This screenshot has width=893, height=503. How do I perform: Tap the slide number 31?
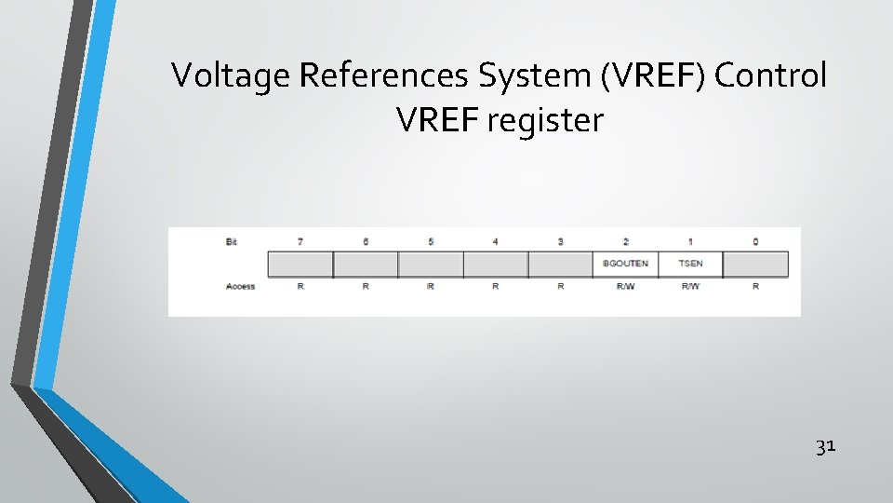pos(825,447)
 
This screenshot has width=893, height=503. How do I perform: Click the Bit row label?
pos(232,242)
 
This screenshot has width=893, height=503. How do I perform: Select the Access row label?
pos(240,286)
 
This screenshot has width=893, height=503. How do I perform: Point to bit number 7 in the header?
pos(300,242)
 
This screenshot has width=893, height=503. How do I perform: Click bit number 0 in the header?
pos(755,242)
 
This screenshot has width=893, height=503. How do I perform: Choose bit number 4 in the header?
pos(495,242)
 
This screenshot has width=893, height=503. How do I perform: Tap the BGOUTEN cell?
pos(625,264)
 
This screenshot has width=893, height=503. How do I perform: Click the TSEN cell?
pos(690,264)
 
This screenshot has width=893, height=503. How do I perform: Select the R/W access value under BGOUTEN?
pos(625,286)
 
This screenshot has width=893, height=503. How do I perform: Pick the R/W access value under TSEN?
pos(690,286)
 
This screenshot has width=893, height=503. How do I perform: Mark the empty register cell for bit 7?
pos(300,264)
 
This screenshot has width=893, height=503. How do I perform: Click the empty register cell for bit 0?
pos(755,264)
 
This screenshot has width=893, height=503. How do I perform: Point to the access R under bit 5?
pos(431,286)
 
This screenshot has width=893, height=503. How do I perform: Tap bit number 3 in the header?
pos(560,242)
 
